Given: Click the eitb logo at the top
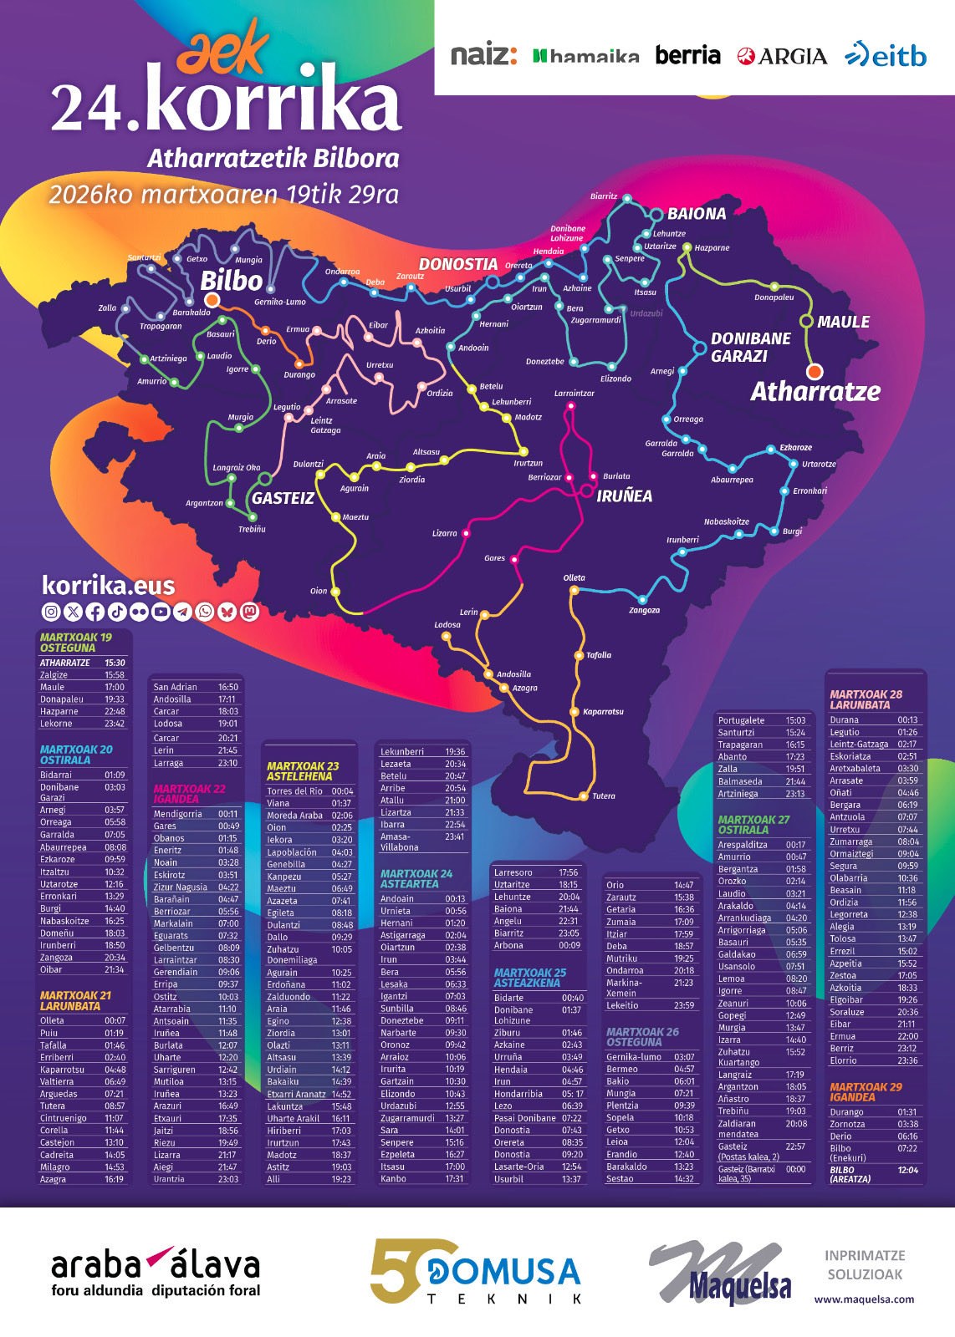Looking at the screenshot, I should click(x=886, y=55).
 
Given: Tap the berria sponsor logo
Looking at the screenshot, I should click(x=687, y=55).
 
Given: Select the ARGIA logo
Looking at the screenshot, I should click(x=782, y=56).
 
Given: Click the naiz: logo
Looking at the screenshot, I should click(x=483, y=55).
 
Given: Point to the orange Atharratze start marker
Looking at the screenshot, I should click(x=814, y=371).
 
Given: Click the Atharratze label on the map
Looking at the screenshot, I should click(x=815, y=391).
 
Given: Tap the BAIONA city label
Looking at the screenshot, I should click(x=696, y=214).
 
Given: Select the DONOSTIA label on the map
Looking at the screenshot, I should click(x=458, y=264).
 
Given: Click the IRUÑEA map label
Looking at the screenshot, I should click(x=624, y=496).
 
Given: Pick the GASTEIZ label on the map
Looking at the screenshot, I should click(x=283, y=498).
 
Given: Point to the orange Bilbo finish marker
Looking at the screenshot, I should click(x=212, y=300).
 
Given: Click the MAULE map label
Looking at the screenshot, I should click(x=843, y=322).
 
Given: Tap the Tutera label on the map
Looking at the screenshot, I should click(x=603, y=796).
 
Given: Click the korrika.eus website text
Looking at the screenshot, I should click(x=108, y=585).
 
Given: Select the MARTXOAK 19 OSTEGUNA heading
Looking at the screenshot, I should click(x=75, y=642).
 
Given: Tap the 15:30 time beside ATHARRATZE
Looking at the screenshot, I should click(x=115, y=663).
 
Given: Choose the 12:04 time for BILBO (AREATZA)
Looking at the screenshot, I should click(x=907, y=1170).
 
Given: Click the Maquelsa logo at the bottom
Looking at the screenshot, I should click(x=720, y=1272).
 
